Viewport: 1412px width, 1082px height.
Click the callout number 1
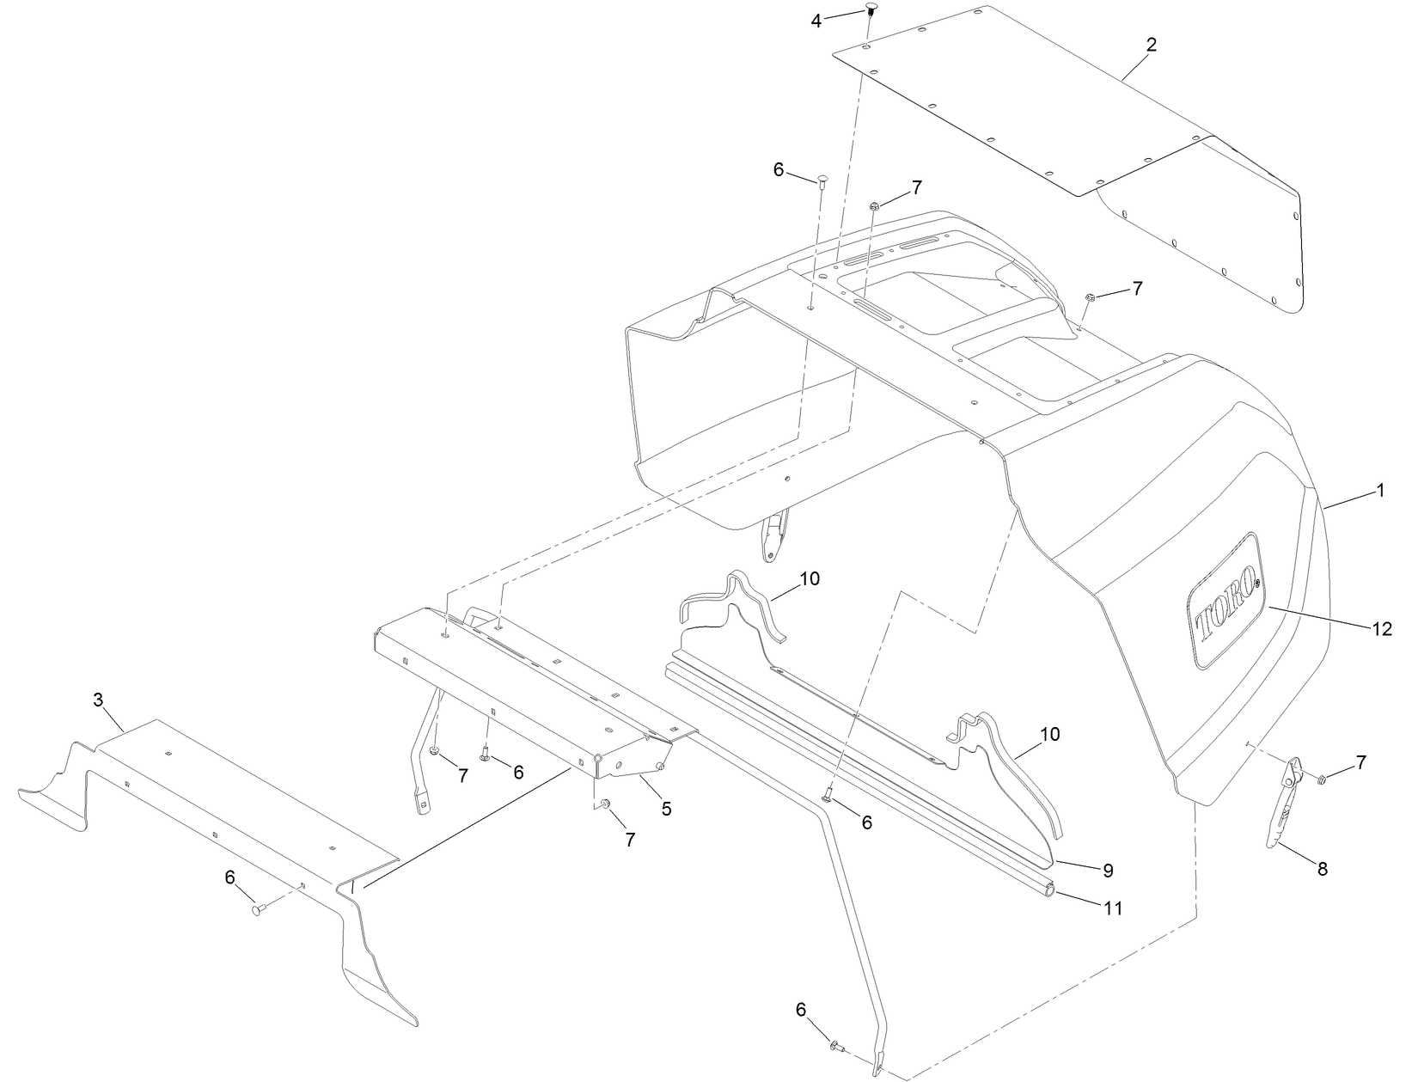pos(1380,491)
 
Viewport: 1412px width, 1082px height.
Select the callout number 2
pos(1151,46)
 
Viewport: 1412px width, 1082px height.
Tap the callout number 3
pos(98,700)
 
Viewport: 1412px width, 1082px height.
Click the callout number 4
pos(816,21)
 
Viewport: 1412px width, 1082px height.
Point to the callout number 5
pos(666,808)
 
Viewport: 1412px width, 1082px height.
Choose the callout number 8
pos(1322,869)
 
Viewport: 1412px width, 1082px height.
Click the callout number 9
pos(1108,870)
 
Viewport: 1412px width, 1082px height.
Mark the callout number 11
pos(1113,907)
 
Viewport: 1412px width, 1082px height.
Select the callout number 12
pos(1381,629)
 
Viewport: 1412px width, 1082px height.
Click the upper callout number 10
pos(809,578)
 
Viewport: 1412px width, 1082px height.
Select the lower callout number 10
pos(1049,734)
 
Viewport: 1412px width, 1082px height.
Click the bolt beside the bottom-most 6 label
pos(835,1046)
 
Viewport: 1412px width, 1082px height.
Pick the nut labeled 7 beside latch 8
pos(1322,779)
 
